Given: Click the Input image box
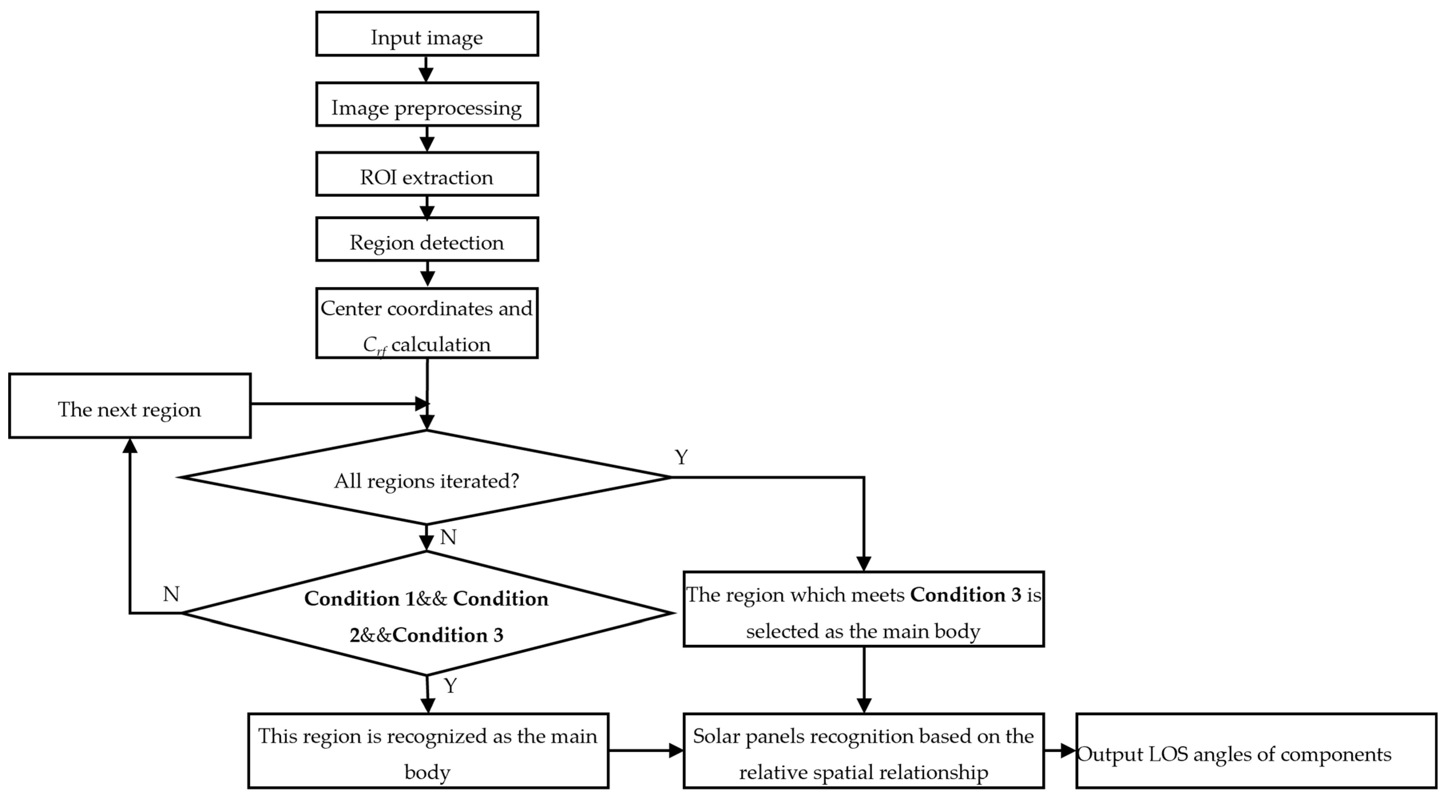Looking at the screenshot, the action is click(427, 34).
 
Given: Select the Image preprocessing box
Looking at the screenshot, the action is click(427, 104).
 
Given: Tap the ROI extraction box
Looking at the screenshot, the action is click(427, 174).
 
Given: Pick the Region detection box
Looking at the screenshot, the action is click(427, 239).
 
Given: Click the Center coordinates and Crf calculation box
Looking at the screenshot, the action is click(427, 323).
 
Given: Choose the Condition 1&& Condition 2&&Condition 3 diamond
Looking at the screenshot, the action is click(427, 613).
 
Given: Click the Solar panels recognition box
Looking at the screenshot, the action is click(863, 751).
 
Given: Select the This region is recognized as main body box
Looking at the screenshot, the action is click(428, 751).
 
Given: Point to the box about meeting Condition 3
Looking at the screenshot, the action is click(863, 609).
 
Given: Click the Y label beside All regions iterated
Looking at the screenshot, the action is click(681, 457).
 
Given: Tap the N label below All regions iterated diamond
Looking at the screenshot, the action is click(448, 538).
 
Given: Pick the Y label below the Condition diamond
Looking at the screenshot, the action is click(450, 686).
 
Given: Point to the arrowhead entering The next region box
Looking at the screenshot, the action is click(130, 446).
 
